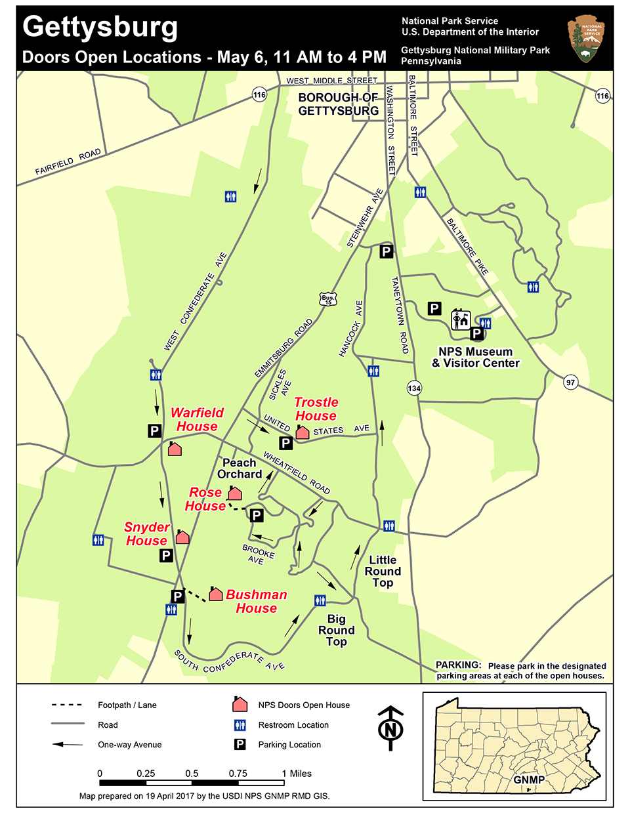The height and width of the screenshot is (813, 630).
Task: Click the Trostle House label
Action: [316, 409]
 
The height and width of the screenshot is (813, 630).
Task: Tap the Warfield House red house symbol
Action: [175, 449]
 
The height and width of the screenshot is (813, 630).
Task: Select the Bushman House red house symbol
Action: [215, 594]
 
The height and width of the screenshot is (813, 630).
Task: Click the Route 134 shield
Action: [413, 388]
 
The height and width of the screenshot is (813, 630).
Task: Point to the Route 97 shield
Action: [570, 383]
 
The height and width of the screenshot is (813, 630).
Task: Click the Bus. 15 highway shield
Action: [328, 300]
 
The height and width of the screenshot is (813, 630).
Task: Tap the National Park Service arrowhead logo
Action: [585, 40]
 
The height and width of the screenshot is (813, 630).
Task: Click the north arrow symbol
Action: [391, 728]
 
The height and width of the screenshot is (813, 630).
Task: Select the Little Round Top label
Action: [383, 571]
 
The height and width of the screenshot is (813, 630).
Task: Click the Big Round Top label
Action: [336, 630]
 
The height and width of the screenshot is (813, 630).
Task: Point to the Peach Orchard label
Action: [240, 469]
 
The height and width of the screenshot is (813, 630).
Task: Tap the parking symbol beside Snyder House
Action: [166, 556]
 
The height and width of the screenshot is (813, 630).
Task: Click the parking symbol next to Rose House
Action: [257, 515]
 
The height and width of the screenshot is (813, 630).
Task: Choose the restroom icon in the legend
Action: [240, 725]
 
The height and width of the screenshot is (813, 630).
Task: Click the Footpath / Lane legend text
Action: [127, 705]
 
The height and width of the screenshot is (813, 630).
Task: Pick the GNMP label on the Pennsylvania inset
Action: [529, 780]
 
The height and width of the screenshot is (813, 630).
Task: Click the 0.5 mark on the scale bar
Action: [192, 774]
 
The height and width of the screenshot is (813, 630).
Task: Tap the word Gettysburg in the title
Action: [100, 27]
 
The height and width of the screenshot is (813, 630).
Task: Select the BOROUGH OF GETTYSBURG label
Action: [338, 104]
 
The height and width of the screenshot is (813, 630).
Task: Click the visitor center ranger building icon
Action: [461, 320]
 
